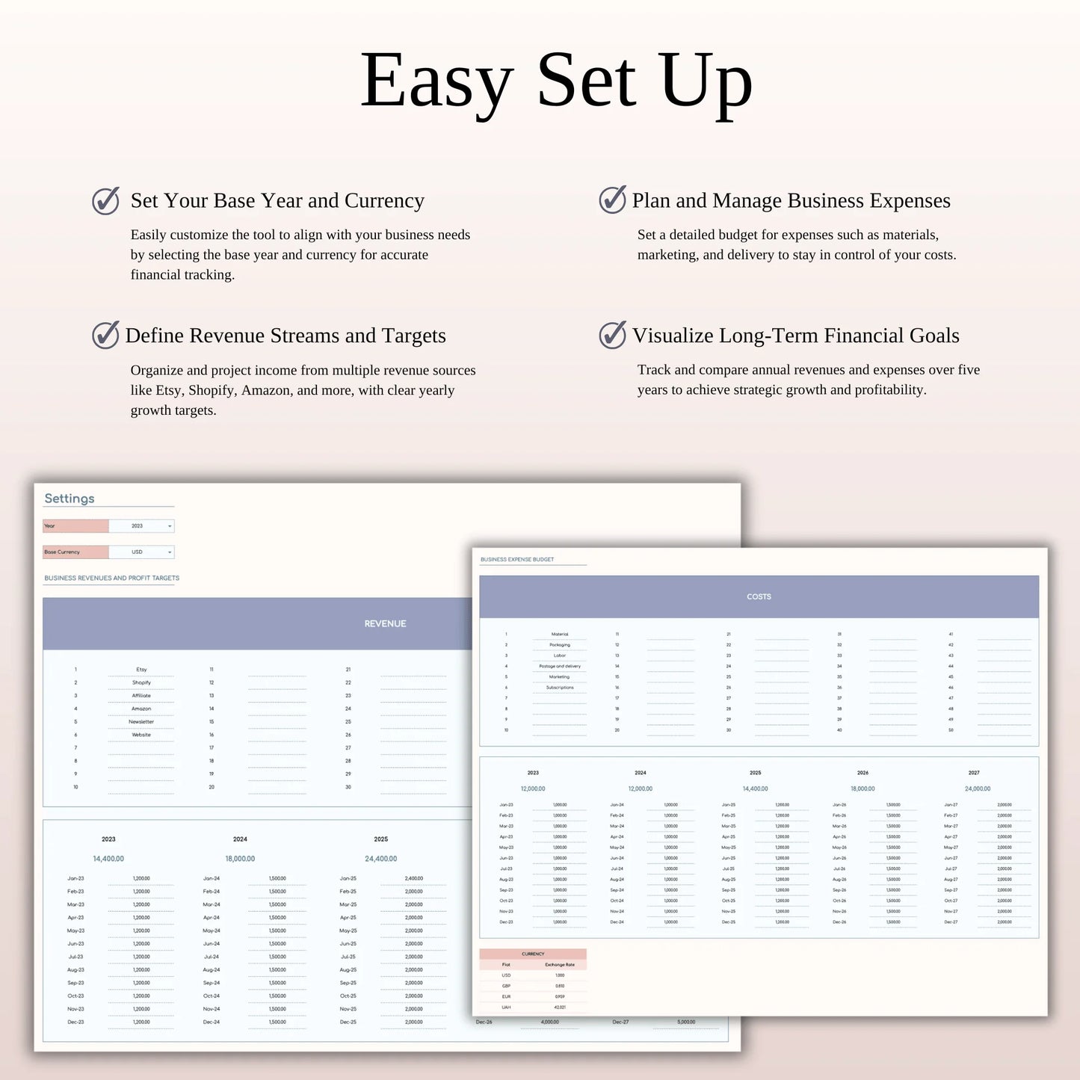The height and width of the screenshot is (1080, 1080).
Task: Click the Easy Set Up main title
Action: [556, 81]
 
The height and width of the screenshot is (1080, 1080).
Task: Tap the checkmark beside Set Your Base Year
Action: [105, 201]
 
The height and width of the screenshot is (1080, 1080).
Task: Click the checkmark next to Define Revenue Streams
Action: [105, 336]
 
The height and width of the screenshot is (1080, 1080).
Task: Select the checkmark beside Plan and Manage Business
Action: [612, 200]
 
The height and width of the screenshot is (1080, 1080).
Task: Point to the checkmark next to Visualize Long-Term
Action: [612, 335]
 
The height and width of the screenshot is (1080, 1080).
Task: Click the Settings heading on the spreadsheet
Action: [70, 499]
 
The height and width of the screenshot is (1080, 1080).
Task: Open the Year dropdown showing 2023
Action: [141, 526]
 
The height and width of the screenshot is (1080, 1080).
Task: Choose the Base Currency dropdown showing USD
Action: [141, 552]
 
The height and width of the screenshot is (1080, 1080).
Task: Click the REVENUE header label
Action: [385, 623]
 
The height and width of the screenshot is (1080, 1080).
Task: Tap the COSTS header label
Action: [759, 596]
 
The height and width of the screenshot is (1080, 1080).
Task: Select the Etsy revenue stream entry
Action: [141, 670]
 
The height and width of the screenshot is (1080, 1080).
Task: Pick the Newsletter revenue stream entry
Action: [141, 722]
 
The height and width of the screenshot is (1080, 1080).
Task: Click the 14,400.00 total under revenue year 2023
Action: [108, 859]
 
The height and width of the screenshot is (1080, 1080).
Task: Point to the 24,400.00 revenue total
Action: [381, 859]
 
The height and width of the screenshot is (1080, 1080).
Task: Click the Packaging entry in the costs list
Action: [560, 645]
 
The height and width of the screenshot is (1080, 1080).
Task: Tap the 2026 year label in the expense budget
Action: [863, 773]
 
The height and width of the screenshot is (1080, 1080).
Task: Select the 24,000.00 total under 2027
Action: [978, 789]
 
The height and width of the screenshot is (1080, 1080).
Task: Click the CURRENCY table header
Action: [533, 954]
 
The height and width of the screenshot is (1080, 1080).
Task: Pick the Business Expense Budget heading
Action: [517, 559]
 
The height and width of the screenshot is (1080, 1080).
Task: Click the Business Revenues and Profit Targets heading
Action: [111, 578]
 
